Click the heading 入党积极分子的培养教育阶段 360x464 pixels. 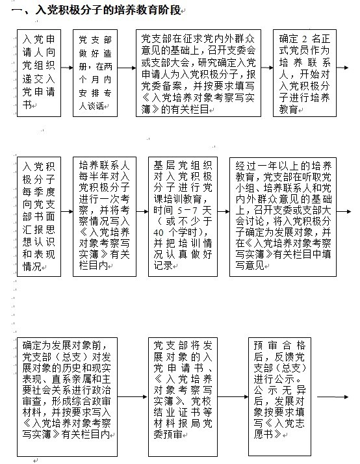pos(108,10)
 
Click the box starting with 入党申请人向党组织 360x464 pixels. pos(39,73)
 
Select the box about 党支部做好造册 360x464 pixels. pos(96,73)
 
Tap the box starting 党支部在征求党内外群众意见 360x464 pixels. pos(198,73)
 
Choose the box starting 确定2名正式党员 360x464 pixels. pos(305,73)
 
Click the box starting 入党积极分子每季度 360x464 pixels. pos(39,216)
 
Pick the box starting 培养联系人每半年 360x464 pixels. pos(105,216)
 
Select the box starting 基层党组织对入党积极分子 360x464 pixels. pos(183,216)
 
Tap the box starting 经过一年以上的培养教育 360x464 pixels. pos(283,216)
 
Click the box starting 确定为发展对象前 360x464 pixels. pos(67,397)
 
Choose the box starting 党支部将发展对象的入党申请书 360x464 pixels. pos(183,397)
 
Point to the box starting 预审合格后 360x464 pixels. pos(279,397)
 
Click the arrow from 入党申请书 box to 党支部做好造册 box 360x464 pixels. pos(67,68)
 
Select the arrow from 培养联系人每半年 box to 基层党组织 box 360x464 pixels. pos(142,212)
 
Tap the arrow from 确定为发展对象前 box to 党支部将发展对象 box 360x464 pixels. pos(133,397)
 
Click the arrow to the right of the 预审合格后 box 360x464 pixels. pos(333,397)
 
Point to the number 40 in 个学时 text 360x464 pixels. pos(159,232)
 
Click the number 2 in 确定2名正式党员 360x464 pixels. pos(304,39)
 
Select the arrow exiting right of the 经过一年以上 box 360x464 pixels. pos(344,212)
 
